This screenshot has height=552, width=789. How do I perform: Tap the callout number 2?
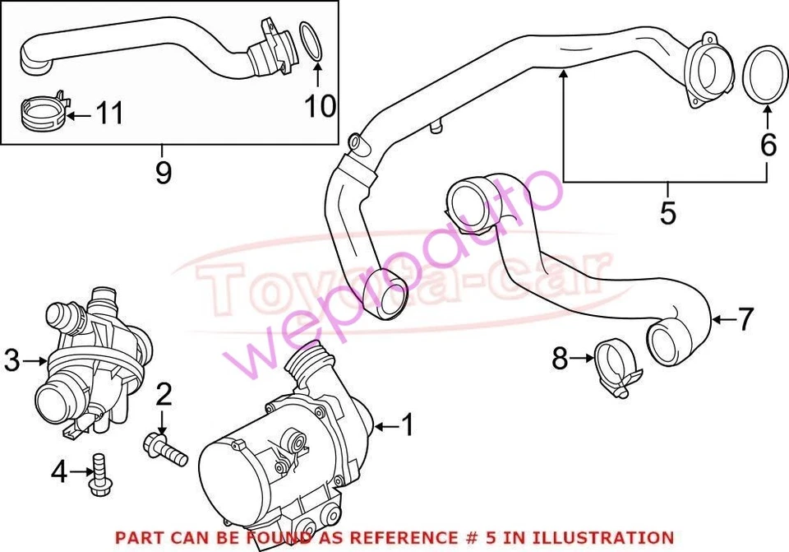click(x=164, y=396)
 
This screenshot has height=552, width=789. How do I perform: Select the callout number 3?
click(x=12, y=360)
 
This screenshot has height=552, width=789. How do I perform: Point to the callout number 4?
click(x=58, y=471)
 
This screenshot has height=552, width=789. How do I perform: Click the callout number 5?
click(x=667, y=211)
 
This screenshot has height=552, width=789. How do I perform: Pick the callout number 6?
click(x=768, y=145)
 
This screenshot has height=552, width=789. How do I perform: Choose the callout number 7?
click(x=745, y=319)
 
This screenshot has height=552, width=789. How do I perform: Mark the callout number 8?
click(x=561, y=358)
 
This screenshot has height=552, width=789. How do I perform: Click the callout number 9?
click(x=164, y=173)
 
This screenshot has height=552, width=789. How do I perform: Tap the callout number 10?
click(x=321, y=105)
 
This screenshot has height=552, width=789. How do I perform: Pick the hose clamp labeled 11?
click(x=40, y=114)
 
